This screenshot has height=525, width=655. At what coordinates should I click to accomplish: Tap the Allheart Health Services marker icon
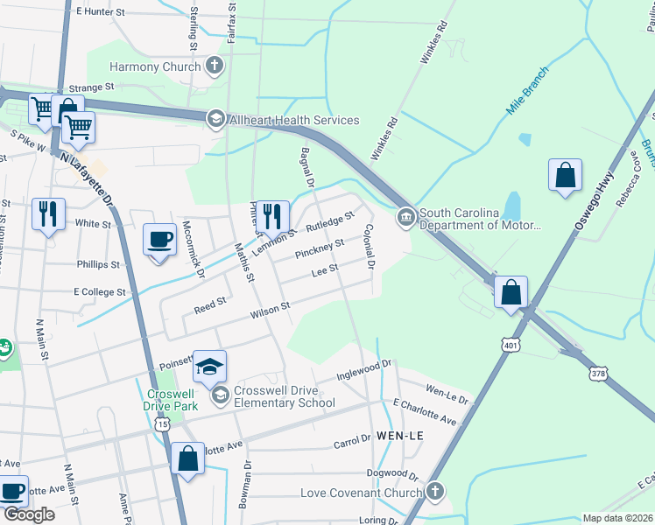(215, 119)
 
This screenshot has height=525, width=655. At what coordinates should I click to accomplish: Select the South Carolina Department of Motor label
(479, 219)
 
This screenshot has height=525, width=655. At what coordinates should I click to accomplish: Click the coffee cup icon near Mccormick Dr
(160, 239)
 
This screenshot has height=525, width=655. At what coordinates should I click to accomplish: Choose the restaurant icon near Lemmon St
(272, 215)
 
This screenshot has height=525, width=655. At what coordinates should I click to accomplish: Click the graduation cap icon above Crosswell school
(209, 367)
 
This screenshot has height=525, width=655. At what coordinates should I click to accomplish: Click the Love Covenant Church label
(361, 493)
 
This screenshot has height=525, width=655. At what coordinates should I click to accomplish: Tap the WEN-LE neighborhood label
(398, 436)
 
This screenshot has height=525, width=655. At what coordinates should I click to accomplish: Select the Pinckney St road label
(320, 248)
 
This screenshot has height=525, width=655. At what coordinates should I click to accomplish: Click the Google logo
(29, 514)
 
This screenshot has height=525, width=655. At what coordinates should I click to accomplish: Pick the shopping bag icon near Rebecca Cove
(565, 174)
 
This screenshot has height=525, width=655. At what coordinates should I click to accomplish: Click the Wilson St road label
(270, 309)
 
